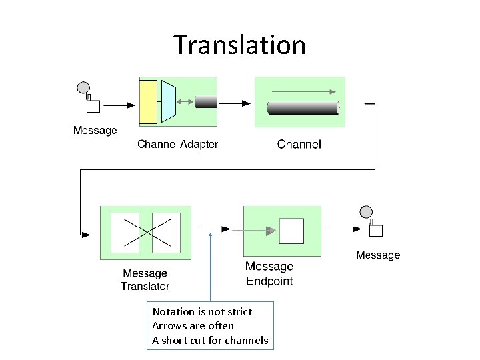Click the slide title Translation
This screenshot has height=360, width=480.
[x=239, y=45]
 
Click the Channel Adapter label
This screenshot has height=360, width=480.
[x=177, y=144]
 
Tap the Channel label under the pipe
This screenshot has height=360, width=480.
[x=299, y=144]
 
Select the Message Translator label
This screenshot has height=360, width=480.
[x=145, y=279]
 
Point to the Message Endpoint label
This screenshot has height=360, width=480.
[x=269, y=273]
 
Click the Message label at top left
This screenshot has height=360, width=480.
[x=95, y=131]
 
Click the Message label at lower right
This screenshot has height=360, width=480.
[x=378, y=255]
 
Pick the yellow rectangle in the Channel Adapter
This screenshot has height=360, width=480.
[x=148, y=102]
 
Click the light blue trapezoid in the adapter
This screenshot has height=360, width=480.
[x=168, y=102]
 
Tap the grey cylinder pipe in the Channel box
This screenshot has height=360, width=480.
[x=303, y=107]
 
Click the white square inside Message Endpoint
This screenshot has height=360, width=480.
[x=291, y=231]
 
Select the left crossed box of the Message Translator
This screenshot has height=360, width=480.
[x=125, y=232]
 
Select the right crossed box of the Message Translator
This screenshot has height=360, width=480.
[x=166, y=232]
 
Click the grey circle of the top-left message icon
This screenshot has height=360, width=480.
[x=84, y=87]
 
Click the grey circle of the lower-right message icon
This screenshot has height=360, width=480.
[x=366, y=213]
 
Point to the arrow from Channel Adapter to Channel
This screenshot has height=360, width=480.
[x=235, y=103]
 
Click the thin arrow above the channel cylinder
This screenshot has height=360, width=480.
[x=303, y=91]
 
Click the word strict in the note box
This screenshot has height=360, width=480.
[x=238, y=311]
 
